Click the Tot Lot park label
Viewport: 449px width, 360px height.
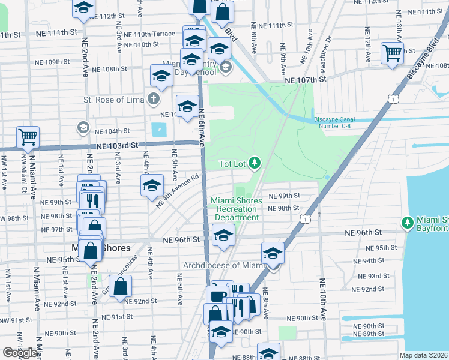click(x=232, y=163)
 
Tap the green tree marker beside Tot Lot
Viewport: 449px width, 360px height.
click(x=255, y=163)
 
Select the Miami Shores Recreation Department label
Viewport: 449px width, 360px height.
click(x=236, y=209)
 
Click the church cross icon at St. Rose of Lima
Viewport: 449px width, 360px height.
click(x=154, y=98)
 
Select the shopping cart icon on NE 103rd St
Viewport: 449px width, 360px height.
click(x=28, y=137)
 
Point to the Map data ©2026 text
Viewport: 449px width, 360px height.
click(x=424, y=355)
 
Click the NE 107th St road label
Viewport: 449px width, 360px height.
click(x=305, y=79)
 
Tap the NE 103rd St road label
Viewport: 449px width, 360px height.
click(x=118, y=146)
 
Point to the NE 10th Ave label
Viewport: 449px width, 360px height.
click(x=322, y=299)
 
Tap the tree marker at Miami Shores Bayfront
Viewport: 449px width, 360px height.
click(x=408, y=223)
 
